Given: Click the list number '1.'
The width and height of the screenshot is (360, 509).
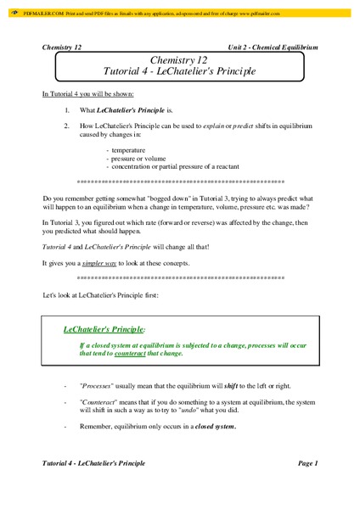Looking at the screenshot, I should (68, 110).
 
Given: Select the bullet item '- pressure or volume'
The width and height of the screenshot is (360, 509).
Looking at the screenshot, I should (136, 158).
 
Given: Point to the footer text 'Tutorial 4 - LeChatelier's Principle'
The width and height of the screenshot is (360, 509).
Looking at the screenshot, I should (93, 463).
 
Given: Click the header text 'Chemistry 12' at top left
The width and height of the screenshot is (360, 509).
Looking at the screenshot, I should (62, 48).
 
